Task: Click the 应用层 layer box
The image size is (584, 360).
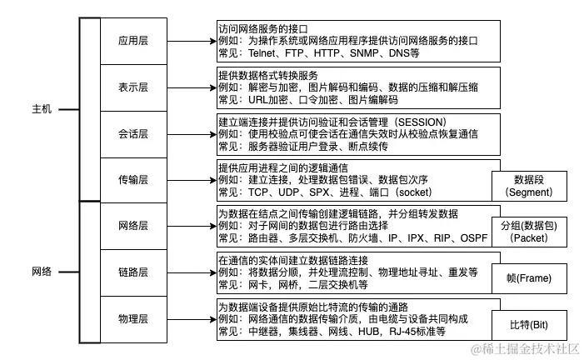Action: pyautogui.click(x=132, y=39)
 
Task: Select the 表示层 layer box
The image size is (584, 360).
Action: pyautogui.click(x=132, y=86)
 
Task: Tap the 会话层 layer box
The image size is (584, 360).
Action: pyautogui.click(x=132, y=132)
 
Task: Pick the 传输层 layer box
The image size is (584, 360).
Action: pyautogui.click(x=132, y=179)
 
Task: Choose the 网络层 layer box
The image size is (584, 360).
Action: pyautogui.click(x=132, y=226)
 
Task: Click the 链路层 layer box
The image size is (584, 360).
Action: pyautogui.click(x=132, y=272)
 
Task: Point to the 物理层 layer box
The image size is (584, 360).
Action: pyautogui.click(x=132, y=319)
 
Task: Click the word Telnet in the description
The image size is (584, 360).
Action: pyautogui.click(x=263, y=52)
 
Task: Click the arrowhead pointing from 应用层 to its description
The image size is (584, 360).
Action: pyautogui.click(x=211, y=39)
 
